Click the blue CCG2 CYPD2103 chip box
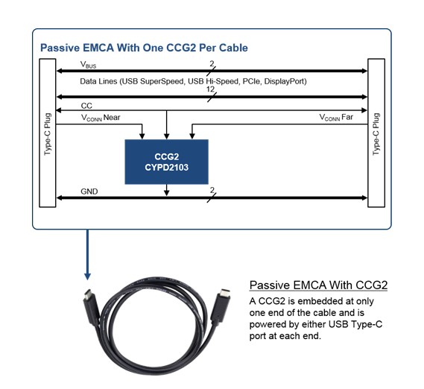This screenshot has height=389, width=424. tap(167, 162)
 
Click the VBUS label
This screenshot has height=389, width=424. tap(88, 65)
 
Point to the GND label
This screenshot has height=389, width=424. tap(89, 192)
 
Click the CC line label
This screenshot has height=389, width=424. tap(86, 106)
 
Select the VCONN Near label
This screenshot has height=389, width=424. tap(101, 118)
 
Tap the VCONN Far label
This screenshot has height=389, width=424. tap(336, 118)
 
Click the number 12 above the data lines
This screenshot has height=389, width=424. tap(210, 89)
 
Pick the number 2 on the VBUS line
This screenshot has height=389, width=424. tap(212, 64)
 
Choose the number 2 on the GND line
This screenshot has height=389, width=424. tap(212, 191)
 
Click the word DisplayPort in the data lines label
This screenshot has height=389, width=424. tap(285, 81)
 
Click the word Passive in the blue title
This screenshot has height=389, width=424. tap(60, 48)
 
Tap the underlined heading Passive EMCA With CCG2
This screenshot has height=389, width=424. tap(318, 285)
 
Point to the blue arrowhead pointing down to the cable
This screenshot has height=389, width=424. tap(87, 276)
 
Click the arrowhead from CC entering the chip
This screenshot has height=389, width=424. tap(167, 136)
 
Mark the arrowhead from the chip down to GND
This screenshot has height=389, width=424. tap(167, 192)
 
